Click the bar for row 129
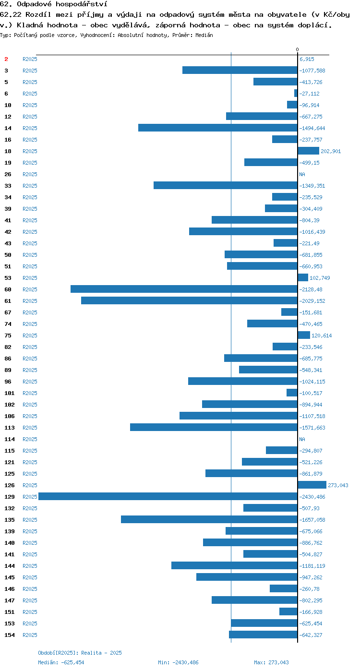[x=168, y=496]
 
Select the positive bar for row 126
[x=312, y=485]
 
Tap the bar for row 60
[x=184, y=289]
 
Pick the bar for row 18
[x=309, y=151]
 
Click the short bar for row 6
[x=296, y=94]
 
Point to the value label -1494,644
[x=312, y=128]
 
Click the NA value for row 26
[x=302, y=174]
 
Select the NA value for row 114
[x=302, y=439]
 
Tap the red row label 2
[x=6, y=59]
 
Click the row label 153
[x=9, y=623]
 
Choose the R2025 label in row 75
[x=30, y=335]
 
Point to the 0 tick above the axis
[x=297, y=49]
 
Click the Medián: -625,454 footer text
[x=61, y=662]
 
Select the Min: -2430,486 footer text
[x=178, y=662]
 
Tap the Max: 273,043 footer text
[x=271, y=662]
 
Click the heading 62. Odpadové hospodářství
[x=54, y=4]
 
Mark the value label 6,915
[x=307, y=59]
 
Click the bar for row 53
[x=303, y=278]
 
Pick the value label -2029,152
[x=312, y=301]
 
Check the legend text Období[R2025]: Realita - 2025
[x=80, y=653]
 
